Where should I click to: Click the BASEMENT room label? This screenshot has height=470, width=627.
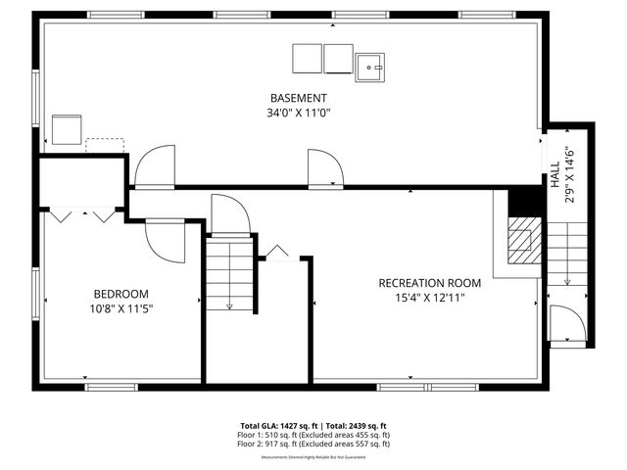click(299, 98)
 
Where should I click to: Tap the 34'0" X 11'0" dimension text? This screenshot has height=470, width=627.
click(299, 113)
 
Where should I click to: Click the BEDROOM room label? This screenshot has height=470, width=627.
click(121, 294)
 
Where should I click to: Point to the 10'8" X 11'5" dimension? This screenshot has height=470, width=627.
click(121, 308)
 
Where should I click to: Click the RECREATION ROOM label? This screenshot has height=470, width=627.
click(430, 283)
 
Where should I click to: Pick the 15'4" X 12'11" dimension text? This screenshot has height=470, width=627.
click(430, 298)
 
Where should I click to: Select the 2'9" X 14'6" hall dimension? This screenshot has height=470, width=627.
click(569, 175)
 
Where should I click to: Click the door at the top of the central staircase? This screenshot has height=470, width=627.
click(231, 215)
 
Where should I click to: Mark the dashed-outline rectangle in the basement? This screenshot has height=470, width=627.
click(104, 146)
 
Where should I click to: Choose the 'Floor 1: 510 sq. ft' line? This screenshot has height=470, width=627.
click(313, 435)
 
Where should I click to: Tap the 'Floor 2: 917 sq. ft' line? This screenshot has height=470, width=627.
click(313, 444)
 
